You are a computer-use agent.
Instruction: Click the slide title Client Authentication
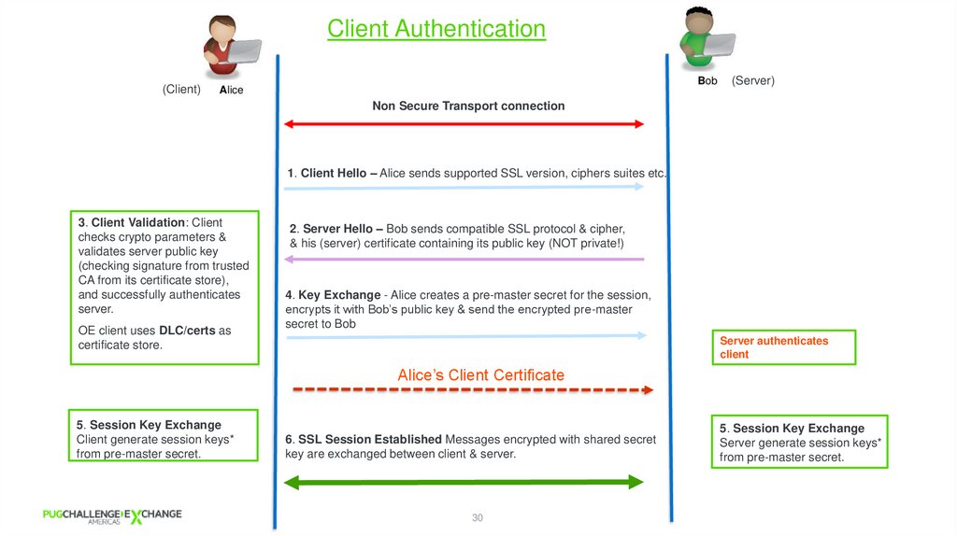436,29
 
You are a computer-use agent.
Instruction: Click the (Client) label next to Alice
181,90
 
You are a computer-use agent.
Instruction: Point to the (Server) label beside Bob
752,81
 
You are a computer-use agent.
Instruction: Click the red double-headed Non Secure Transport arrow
464,124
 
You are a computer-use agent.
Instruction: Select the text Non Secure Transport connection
468,106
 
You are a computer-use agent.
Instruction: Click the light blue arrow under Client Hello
464,187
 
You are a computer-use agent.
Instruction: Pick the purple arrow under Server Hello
464,259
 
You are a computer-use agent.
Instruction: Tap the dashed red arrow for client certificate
472,389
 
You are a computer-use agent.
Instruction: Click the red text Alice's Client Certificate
480,375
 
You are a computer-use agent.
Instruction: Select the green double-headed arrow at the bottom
464,482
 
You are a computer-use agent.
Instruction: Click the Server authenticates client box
783,347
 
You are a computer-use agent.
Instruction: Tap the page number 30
477,517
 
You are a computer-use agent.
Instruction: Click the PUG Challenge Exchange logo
112,515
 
